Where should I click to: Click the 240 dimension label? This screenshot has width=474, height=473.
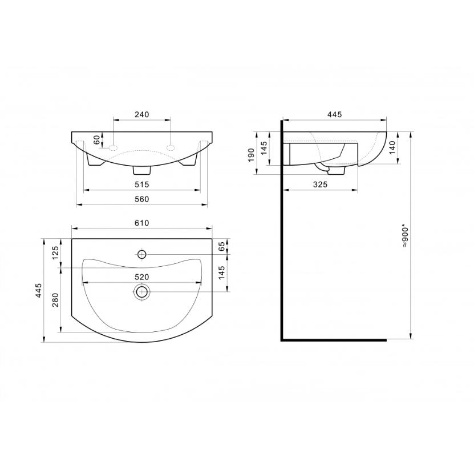pos(142,114)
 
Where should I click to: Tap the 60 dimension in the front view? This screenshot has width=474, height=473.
pos(96,140)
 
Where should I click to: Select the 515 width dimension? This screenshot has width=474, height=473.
pos(142,184)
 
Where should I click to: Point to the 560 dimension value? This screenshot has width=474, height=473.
pos(142,199)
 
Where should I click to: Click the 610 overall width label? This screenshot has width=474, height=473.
pos(142,223)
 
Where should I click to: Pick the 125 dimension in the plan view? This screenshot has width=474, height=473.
pos(55,253)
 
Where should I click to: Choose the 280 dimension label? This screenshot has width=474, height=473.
pos(55,300)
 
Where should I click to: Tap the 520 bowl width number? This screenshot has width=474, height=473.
pos(142,277)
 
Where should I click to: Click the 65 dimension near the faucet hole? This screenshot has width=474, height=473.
pos(221,246)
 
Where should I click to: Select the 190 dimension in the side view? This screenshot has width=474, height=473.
pos(251,155)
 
